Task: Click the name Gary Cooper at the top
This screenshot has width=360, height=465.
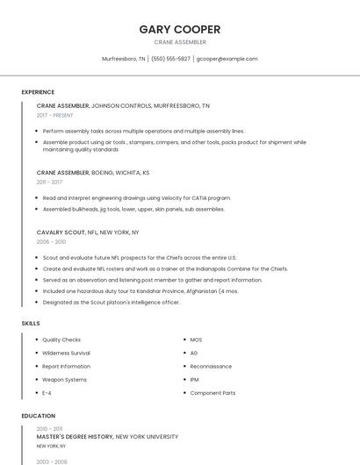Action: click(180, 29)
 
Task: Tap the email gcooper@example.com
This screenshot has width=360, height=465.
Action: click(227, 59)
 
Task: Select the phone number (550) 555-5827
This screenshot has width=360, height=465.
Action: click(170, 59)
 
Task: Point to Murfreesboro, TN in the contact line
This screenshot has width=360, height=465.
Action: click(124, 59)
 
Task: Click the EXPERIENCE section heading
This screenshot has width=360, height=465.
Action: click(38, 92)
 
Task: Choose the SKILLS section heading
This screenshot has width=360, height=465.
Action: click(31, 323)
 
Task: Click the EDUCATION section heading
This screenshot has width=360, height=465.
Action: click(38, 416)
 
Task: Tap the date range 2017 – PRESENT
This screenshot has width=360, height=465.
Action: click(54, 115)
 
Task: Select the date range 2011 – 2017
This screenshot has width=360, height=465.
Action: click(49, 182)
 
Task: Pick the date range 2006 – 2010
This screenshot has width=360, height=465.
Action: click(51, 241)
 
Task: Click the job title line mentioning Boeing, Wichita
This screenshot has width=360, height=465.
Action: click(93, 173)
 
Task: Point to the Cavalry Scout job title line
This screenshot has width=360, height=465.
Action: click(88, 232)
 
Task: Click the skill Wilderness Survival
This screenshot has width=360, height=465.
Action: click(66, 353)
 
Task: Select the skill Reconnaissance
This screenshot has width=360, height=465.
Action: click(211, 366)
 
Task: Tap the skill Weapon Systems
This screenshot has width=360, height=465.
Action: click(64, 379)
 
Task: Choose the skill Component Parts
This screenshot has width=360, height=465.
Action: click(212, 393)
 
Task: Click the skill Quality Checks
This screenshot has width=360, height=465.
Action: click(61, 340)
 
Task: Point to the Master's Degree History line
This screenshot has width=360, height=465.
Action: click(107, 436)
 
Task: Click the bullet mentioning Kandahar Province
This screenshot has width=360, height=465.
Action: click(140, 290)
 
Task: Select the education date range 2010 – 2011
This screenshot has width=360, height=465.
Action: click(49, 429)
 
